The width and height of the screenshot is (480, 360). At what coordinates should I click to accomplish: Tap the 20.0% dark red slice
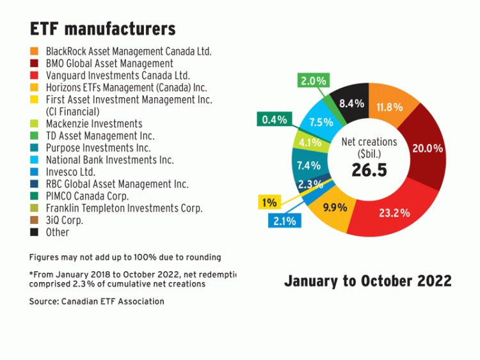point(425,148)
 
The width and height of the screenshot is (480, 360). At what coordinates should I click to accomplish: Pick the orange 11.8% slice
point(390,106)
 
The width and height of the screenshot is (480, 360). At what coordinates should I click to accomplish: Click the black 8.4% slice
point(351,103)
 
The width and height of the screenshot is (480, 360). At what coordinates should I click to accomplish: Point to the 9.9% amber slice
point(335,207)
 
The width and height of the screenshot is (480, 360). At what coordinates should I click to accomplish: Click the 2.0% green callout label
point(314,81)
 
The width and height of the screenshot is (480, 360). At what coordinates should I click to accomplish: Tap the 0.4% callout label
point(274,119)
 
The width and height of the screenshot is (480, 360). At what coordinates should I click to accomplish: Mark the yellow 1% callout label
point(269,203)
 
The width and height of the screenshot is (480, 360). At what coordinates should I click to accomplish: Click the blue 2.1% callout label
point(284,221)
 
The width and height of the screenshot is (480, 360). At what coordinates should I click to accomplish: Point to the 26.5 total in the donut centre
point(368,170)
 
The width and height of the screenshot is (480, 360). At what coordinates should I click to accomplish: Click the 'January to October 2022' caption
point(367,281)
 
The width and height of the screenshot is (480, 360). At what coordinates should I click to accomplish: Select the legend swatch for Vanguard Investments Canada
point(33,75)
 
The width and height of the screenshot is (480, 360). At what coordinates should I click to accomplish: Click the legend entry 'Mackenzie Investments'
point(94,123)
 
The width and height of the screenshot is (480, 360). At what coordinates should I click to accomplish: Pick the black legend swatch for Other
point(33,232)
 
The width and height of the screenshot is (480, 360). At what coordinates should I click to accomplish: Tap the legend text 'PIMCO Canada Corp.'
point(87,196)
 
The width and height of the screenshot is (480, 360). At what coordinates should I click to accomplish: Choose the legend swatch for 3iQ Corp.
point(33,220)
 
